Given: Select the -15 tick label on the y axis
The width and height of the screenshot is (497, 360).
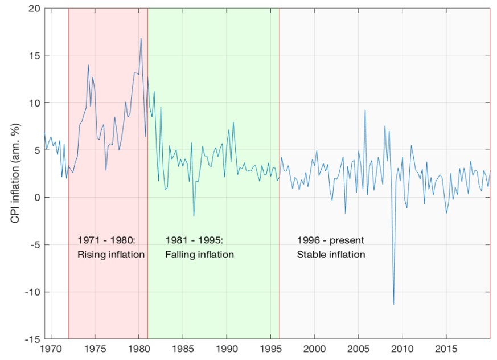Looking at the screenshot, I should (32, 339).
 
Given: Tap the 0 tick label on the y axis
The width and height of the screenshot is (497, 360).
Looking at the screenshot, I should (36, 198).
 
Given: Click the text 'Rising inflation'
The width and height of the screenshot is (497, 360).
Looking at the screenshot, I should (111, 255).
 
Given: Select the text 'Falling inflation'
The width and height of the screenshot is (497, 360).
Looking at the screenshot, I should (199, 255).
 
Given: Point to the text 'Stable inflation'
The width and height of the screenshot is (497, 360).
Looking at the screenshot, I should (331, 255).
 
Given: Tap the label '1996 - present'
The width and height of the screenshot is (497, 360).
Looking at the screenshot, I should (330, 240).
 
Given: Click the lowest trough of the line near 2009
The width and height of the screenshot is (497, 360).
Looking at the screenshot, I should (393, 304).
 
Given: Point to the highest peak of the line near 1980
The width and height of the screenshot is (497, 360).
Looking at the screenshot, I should (141, 38).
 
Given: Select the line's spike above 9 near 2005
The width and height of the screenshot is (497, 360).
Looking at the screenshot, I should (365, 110).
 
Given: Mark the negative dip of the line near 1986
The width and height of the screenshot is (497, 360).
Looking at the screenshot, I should (194, 216).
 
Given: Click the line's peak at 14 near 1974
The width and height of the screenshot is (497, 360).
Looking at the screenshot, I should (88, 65).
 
